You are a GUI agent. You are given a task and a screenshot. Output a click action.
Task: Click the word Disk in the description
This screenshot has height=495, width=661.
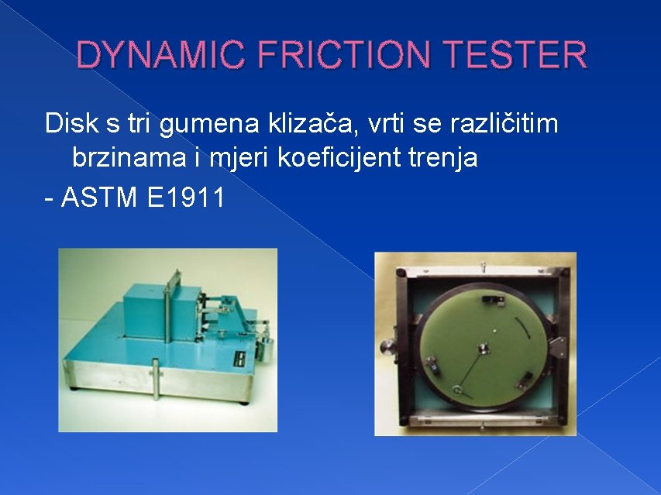pos(67,123)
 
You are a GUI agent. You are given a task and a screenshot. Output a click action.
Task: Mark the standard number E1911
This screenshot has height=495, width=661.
pos(185,198)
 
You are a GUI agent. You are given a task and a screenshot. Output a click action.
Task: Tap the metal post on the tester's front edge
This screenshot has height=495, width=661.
pos(157,383)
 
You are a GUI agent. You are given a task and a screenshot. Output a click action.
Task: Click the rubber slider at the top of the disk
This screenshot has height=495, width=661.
pos(491,298)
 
